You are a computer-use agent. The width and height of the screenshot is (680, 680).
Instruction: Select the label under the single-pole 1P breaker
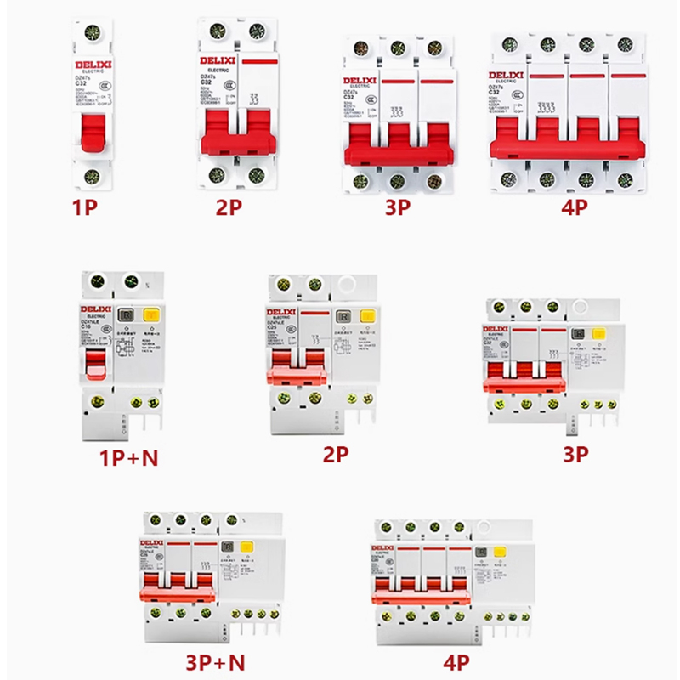(88, 207)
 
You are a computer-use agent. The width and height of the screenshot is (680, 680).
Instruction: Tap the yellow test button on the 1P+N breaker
(151, 316)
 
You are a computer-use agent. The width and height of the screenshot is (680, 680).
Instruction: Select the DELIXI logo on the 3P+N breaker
(155, 544)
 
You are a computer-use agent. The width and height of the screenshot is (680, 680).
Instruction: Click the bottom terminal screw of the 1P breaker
(91, 177)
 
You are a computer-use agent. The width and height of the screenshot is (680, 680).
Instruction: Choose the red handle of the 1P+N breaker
(95, 363)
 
